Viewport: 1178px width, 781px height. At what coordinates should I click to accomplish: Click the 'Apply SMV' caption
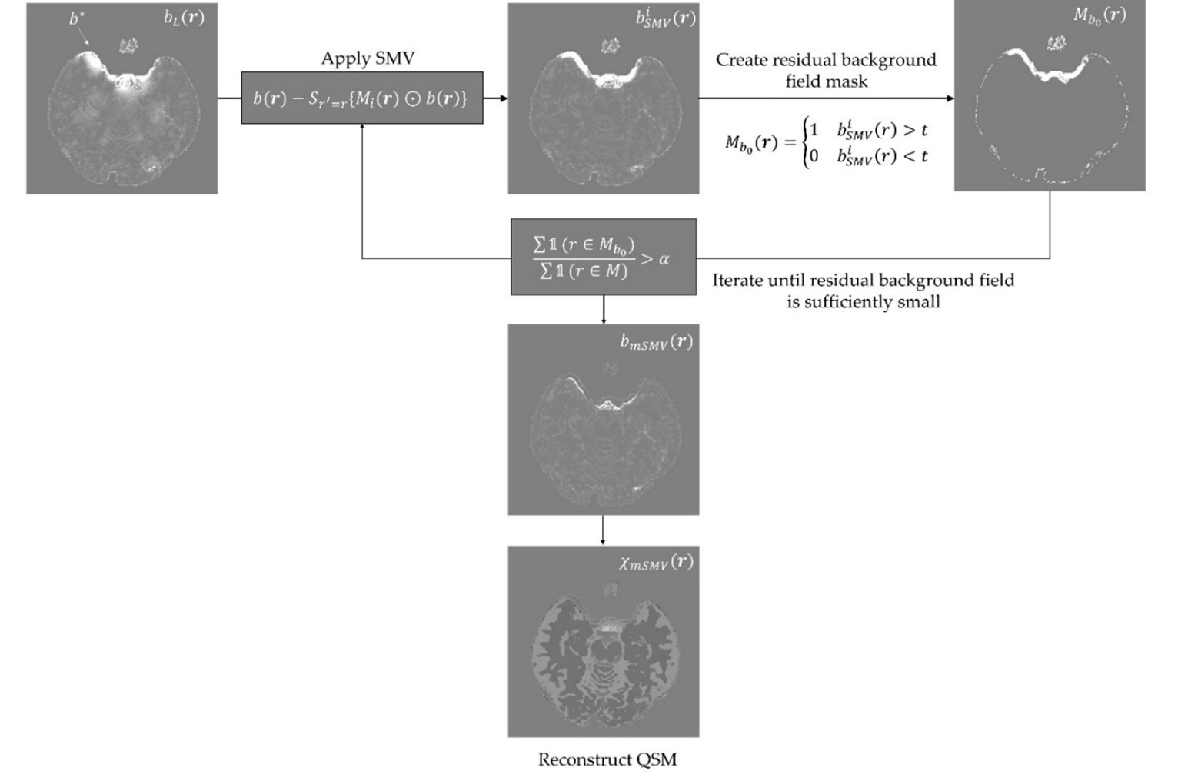368,58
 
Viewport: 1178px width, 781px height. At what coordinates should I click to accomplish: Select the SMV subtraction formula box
361,98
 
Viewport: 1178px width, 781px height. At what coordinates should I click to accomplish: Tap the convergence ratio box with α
603,257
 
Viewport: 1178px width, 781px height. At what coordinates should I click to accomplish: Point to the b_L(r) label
184,18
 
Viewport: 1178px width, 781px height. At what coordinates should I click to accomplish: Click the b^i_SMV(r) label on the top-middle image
664,18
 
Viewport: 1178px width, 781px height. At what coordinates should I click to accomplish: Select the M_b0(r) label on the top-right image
1099,15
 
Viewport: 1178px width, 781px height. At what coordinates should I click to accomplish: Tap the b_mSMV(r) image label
656,342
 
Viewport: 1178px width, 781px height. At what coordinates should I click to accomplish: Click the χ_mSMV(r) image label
655,563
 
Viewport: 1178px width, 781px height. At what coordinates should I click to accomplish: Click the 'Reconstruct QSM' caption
607,759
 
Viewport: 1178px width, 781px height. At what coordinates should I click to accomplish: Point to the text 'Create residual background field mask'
826,70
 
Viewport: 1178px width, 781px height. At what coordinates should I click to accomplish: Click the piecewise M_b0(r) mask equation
827,143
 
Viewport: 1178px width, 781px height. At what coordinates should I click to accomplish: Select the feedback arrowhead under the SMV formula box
362,127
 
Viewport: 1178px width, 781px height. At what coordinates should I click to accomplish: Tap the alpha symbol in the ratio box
664,259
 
